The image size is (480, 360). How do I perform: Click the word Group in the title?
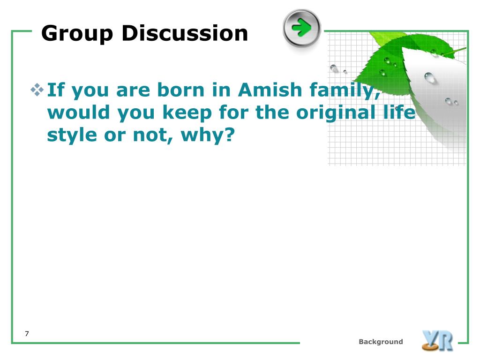point(77,34)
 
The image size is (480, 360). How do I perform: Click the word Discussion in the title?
point(185,33)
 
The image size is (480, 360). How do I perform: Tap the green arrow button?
point(302,28)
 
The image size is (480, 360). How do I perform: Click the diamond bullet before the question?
point(37,90)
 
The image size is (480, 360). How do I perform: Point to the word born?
point(180,90)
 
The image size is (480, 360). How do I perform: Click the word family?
point(345,91)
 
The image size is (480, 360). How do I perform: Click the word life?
point(399,112)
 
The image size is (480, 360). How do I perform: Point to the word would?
point(79,112)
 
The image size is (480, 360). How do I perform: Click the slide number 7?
point(27,334)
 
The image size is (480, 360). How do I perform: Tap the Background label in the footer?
point(381,342)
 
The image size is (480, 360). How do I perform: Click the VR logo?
point(437,340)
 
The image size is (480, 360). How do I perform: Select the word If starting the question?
point(56,90)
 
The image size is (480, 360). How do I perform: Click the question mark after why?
point(229,135)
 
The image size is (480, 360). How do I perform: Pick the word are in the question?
point(133,91)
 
